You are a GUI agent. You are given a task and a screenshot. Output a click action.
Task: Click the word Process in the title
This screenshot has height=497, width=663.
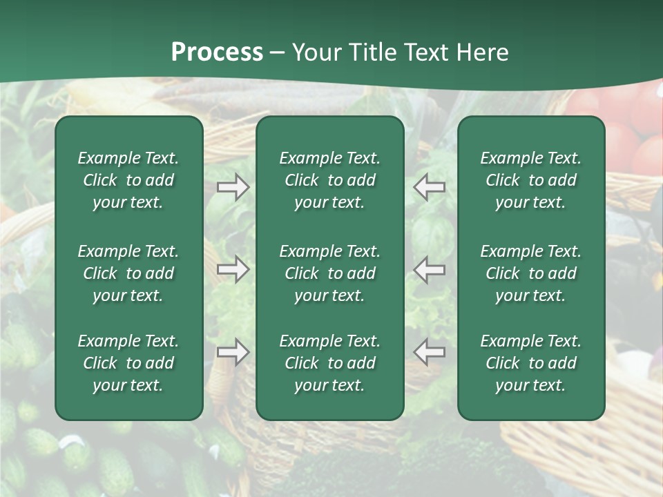click(217, 52)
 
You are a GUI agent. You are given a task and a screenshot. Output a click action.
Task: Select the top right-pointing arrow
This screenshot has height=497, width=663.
click(233, 187)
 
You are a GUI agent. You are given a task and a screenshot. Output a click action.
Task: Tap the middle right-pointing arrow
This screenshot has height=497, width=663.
click(233, 269)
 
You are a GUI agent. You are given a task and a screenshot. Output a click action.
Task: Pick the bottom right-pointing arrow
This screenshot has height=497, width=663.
click(233, 352)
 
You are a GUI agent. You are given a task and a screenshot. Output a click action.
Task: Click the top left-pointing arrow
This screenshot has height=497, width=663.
click(430, 187)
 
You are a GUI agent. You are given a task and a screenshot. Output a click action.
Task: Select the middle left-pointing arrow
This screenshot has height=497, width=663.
click(430, 269)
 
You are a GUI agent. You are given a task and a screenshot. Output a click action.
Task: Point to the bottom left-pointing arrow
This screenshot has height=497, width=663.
click(430, 352)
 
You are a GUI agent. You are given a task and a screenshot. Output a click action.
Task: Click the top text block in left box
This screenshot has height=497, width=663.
click(128, 180)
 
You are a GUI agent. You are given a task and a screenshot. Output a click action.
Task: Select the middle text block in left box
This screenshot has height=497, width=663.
click(128, 273)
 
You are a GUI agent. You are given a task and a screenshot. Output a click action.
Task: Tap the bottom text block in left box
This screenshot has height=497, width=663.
click(128, 363)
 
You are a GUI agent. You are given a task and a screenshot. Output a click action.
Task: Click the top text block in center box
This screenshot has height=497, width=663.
click(329, 180)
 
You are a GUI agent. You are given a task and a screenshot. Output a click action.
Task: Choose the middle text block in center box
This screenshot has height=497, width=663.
click(329, 273)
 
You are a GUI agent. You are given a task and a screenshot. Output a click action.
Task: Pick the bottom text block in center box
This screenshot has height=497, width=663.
click(329, 363)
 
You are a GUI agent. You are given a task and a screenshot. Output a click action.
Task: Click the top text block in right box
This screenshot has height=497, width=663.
click(530, 180)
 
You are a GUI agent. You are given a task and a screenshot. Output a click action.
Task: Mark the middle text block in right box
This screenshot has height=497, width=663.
click(530, 273)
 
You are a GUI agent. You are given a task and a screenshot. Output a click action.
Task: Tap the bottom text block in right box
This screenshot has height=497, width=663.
click(530, 363)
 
